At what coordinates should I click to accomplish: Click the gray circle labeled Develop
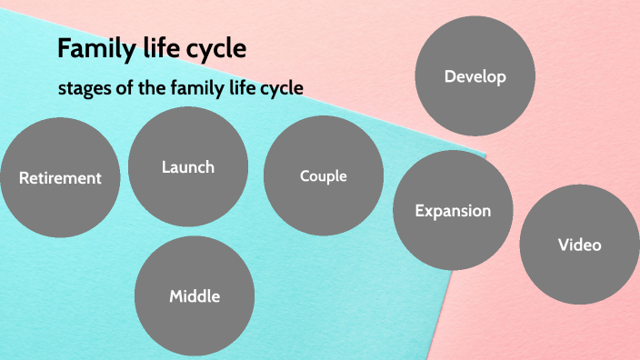click(475, 76)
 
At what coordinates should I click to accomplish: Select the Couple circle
click(324, 175)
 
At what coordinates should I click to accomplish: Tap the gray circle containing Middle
click(195, 296)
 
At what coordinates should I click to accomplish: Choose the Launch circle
click(188, 166)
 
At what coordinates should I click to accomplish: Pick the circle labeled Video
click(579, 245)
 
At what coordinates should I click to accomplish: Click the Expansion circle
click(453, 211)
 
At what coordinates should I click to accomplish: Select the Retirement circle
click(60, 178)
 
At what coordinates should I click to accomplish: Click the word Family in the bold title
click(90, 48)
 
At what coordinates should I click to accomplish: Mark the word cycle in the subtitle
click(281, 88)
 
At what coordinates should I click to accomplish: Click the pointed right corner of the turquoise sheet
click(485, 154)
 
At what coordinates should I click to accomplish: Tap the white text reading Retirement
click(60, 178)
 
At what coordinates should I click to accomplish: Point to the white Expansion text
click(453, 211)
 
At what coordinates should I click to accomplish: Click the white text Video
click(579, 245)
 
